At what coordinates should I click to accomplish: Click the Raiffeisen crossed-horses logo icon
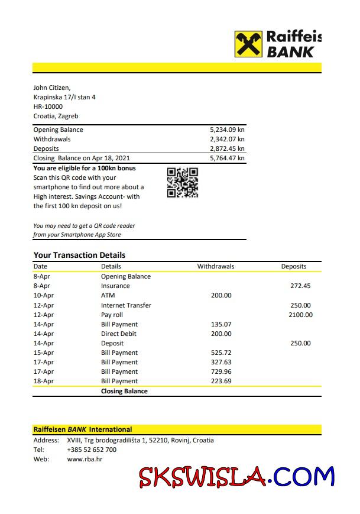[248, 44]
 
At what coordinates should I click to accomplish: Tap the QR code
[183, 183]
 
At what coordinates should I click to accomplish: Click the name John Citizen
[52, 88]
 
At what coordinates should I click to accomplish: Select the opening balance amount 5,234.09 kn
[227, 130]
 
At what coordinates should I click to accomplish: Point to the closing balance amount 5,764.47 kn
[227, 158]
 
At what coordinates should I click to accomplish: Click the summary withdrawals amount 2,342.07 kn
[227, 139]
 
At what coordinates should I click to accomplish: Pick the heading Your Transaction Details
[79, 255]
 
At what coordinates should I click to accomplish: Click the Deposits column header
[294, 266]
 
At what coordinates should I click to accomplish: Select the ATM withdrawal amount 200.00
[221, 295]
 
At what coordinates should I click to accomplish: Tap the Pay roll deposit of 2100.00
[300, 315]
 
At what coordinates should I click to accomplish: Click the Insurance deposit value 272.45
[300, 286]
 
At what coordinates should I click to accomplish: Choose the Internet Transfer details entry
[126, 305]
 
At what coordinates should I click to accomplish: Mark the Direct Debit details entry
[119, 334]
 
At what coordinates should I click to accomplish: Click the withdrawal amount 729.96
[221, 371]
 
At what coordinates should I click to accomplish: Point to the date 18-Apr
[44, 381]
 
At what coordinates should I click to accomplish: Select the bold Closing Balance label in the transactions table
[124, 391]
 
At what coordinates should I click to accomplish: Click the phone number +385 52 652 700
[92, 450]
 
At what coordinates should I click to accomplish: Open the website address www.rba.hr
[85, 459]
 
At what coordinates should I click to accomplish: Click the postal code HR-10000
[48, 106]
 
